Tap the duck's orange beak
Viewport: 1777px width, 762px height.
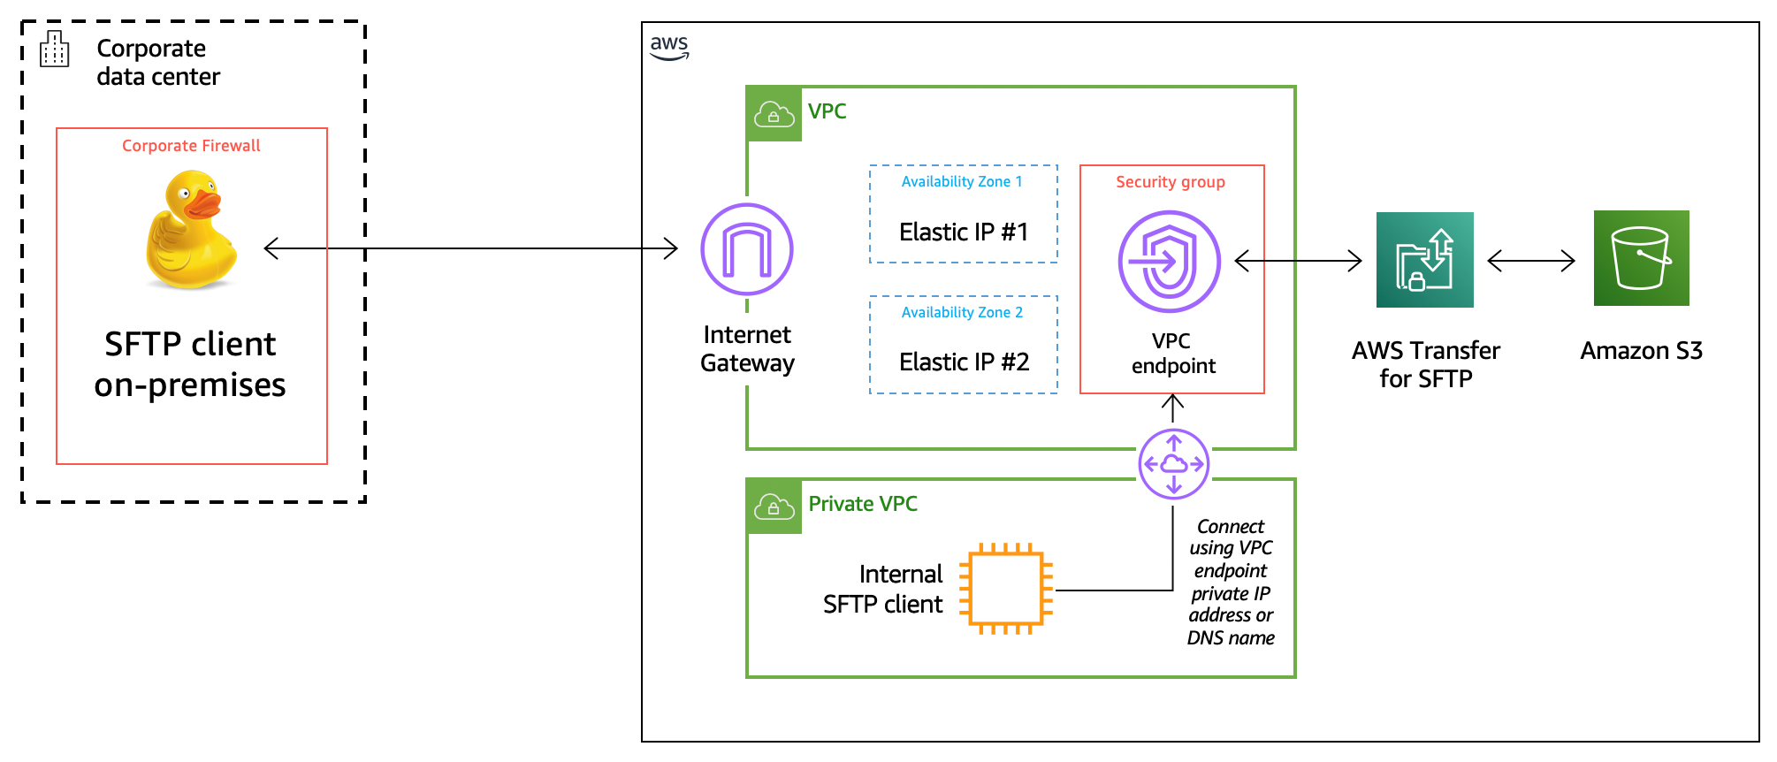(x=204, y=203)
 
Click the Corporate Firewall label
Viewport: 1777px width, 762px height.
(x=191, y=146)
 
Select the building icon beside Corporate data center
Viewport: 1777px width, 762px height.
(x=54, y=50)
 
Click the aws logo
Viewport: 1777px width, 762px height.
(x=669, y=47)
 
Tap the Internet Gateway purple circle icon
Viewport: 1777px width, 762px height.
(x=747, y=249)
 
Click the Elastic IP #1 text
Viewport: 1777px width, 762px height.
(x=964, y=232)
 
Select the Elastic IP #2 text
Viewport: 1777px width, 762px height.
(x=964, y=362)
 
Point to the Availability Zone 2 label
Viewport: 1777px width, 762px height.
(x=962, y=313)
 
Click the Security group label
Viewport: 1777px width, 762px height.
(x=1170, y=182)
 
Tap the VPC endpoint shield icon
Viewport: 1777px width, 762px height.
(x=1169, y=262)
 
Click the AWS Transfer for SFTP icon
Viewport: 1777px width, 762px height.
(x=1424, y=260)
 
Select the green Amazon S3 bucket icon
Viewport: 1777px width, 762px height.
(x=1641, y=258)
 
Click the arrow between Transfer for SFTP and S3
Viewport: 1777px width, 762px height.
(x=1531, y=261)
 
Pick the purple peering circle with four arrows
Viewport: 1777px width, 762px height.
(x=1173, y=464)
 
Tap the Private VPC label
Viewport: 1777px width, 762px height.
(x=862, y=504)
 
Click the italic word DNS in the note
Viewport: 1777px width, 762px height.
(x=1204, y=638)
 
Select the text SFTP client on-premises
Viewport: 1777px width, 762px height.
(x=190, y=364)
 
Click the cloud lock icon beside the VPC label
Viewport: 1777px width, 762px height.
(x=774, y=114)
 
